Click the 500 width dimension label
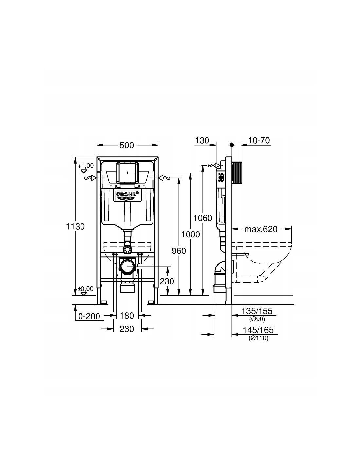[x=127, y=145]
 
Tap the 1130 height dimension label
[x=75, y=226]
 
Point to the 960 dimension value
[x=179, y=251]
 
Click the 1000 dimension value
[x=190, y=234]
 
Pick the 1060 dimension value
[x=203, y=218]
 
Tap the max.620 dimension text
[x=261, y=229]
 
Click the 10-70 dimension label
[x=259, y=140]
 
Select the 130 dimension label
[x=202, y=140]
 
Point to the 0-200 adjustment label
[x=89, y=316]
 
